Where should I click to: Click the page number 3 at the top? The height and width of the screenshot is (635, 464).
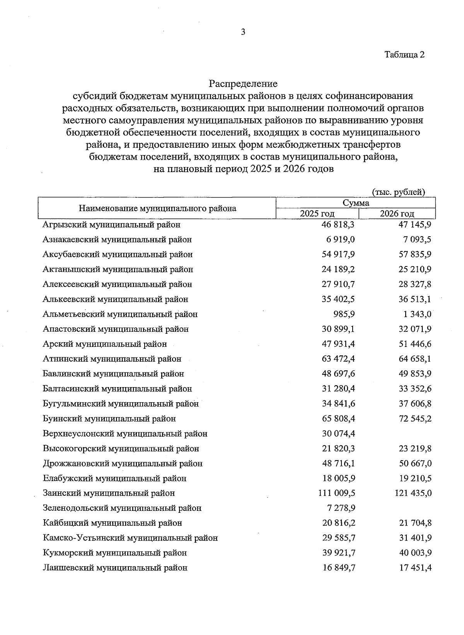[243, 32]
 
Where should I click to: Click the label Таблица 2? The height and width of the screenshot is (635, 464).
[404, 55]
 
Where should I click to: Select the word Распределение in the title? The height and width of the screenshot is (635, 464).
[243, 84]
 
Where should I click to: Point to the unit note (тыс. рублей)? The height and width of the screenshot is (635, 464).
[398, 192]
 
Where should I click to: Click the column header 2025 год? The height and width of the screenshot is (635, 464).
[317, 214]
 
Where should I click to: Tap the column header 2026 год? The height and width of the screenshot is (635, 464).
[397, 214]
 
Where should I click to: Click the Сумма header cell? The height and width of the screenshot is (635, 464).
[356, 203]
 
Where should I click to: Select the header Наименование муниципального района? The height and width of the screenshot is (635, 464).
[157, 208]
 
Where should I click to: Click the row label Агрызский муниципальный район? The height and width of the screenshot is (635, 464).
[111, 225]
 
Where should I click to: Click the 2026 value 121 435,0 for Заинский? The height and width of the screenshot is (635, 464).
[413, 493]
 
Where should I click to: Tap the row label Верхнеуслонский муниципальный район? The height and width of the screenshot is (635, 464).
[125, 434]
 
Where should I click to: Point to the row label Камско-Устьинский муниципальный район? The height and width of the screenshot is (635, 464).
[130, 538]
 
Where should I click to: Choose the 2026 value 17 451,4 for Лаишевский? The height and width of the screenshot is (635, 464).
[415, 568]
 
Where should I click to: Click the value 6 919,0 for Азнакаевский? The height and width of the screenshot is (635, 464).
[340, 240]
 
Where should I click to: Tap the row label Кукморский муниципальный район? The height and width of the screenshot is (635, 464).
[115, 553]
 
